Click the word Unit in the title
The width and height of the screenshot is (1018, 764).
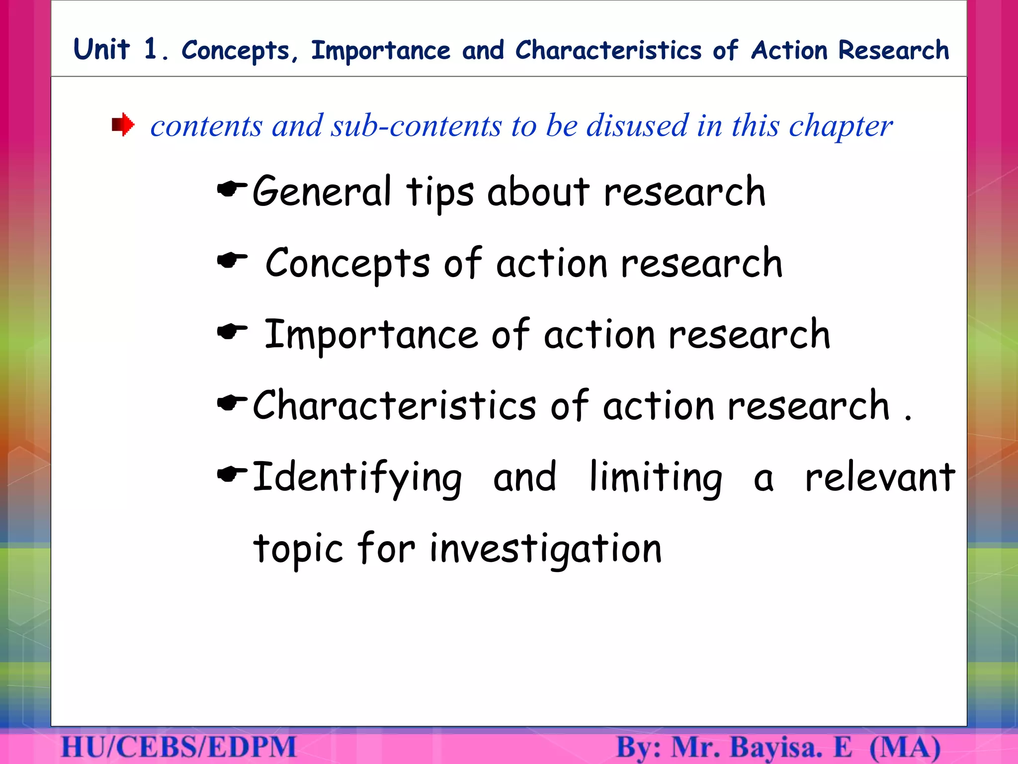101,50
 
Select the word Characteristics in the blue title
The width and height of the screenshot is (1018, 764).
608,51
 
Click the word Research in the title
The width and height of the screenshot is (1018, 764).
894,50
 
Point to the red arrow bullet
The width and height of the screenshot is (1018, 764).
123,124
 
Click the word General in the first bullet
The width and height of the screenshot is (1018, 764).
322,191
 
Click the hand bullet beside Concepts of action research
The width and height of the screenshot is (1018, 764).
232,260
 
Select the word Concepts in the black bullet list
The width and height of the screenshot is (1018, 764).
347,263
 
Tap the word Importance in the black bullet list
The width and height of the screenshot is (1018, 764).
371,335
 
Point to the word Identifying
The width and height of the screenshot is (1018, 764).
357,477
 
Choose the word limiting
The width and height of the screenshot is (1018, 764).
656,477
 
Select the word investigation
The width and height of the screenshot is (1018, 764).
545,549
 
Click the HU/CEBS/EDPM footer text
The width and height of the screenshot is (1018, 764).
179,747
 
